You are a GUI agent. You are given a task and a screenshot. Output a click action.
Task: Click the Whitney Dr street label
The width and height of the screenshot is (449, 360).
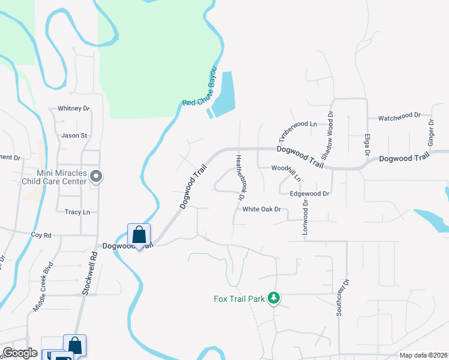click(73, 109)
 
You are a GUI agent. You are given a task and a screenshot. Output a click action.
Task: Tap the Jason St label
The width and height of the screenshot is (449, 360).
click(74, 136)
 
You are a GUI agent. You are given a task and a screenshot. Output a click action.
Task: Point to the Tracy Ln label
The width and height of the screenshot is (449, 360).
click(77, 212)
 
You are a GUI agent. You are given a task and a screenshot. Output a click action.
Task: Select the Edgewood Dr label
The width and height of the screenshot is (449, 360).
click(310, 194)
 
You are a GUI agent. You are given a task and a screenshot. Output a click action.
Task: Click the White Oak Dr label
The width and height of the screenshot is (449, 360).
click(262, 209)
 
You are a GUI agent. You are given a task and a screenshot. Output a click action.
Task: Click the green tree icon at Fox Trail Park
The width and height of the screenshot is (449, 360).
click(274, 298)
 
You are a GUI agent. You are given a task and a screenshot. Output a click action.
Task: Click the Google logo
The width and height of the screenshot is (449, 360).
click(20, 353)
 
